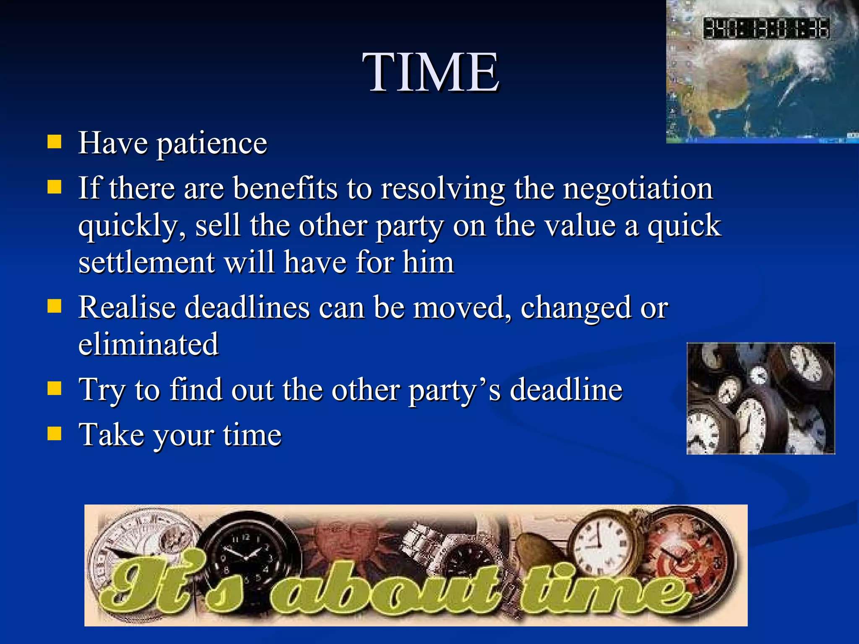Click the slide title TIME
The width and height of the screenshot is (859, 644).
click(x=431, y=72)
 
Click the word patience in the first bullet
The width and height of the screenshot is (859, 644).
click(x=211, y=144)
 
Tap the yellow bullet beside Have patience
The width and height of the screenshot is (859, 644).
click(x=55, y=142)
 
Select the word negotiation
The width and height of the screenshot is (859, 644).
click(x=638, y=189)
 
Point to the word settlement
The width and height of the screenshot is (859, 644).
click(x=147, y=263)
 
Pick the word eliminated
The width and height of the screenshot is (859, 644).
click(x=148, y=344)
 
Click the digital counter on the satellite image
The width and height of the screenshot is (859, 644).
click(x=766, y=29)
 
